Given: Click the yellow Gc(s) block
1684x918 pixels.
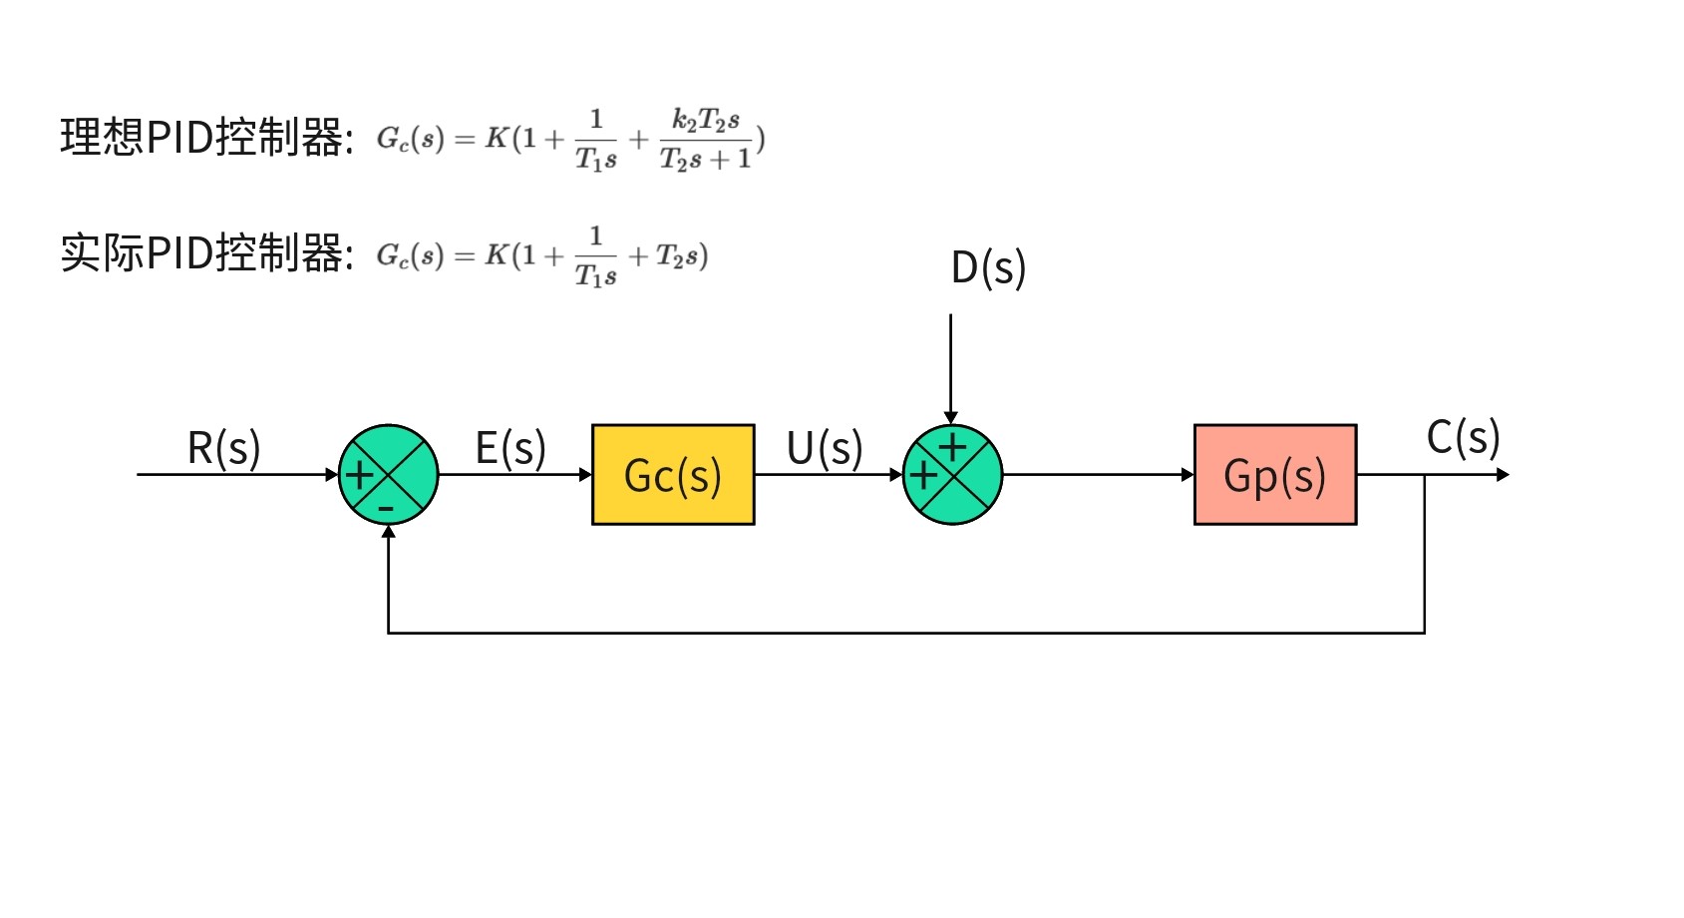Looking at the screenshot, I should click(x=673, y=475).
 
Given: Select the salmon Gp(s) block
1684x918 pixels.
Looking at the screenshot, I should click(x=1274, y=475).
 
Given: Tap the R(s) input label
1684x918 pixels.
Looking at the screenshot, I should click(x=224, y=448).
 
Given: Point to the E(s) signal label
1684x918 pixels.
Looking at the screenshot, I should click(x=510, y=448).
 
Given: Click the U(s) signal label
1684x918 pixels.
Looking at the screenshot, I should click(x=825, y=448).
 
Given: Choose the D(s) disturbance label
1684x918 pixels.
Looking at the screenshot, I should click(x=988, y=267).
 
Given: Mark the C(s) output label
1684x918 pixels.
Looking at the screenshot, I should click(x=1463, y=437).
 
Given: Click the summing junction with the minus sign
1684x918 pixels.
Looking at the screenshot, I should click(x=389, y=475).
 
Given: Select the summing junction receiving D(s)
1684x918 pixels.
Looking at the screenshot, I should click(x=952, y=475).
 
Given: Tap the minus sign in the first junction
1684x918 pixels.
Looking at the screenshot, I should click(x=387, y=509).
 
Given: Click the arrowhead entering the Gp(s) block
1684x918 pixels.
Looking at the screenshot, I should click(x=1187, y=475).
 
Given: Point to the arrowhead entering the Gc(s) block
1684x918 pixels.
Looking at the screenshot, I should click(x=585, y=475).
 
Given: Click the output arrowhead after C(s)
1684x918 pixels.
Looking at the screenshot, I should click(x=1503, y=475).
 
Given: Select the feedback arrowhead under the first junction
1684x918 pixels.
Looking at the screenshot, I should click(x=389, y=532).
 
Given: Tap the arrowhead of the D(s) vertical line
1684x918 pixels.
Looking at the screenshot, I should click(x=951, y=418).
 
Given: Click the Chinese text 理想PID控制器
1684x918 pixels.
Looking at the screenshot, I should click(x=204, y=137).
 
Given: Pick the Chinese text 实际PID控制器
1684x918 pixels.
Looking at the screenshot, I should click(x=204, y=253).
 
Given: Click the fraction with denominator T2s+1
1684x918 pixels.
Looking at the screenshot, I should click(x=705, y=140).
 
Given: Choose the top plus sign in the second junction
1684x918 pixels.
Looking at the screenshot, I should click(x=953, y=446).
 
